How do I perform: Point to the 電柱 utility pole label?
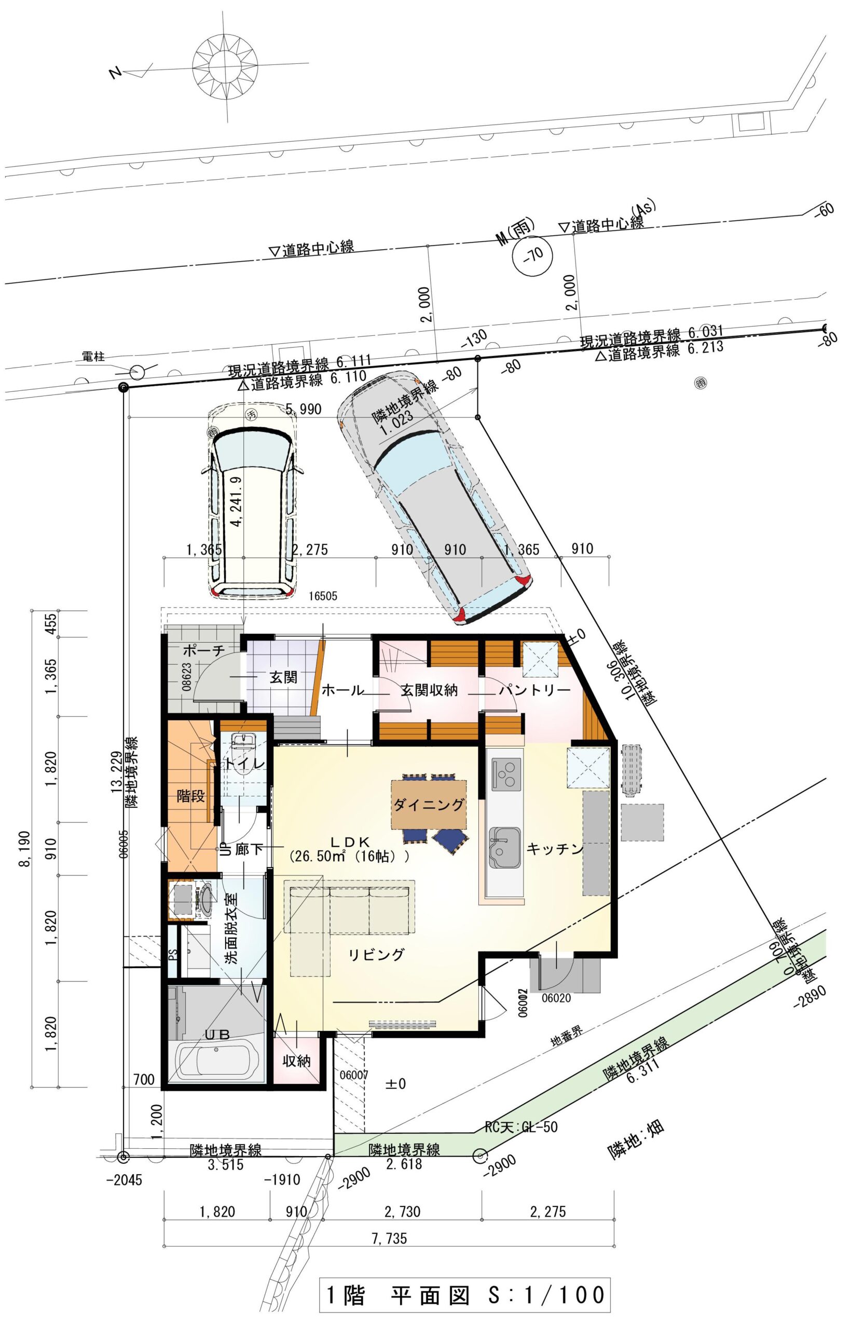pyautogui.click(x=93, y=358)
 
